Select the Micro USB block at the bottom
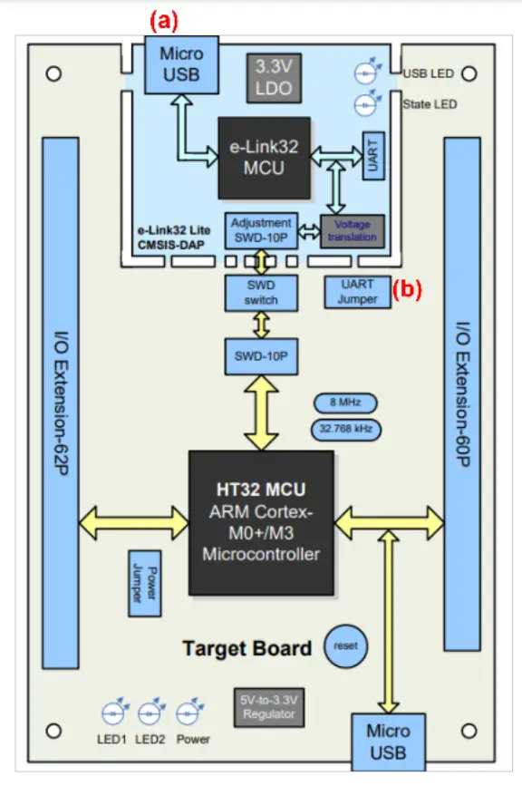(x=387, y=741)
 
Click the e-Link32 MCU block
(x=263, y=158)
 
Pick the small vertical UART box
(x=372, y=156)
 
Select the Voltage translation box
(x=353, y=231)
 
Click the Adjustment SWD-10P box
(x=261, y=229)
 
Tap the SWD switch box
(x=261, y=293)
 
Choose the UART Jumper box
(x=357, y=292)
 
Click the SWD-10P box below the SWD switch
(x=261, y=357)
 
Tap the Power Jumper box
(x=145, y=583)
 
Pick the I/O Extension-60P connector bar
(x=463, y=394)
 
